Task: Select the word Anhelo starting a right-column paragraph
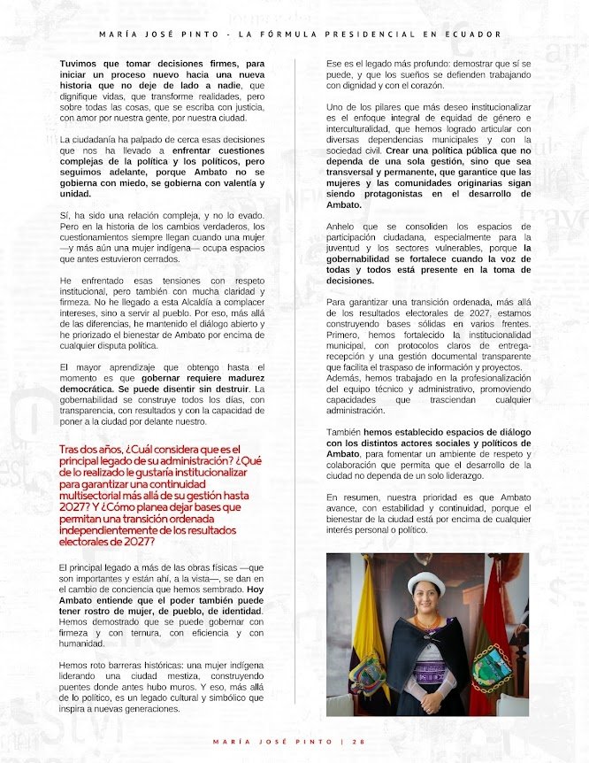click(343, 226)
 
